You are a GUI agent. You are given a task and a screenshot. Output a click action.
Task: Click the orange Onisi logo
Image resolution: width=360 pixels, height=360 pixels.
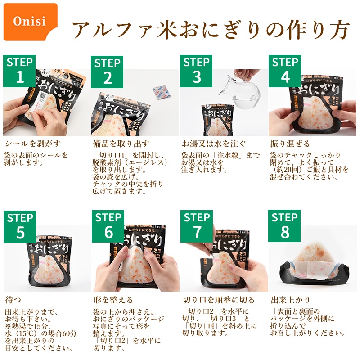click(31, 22)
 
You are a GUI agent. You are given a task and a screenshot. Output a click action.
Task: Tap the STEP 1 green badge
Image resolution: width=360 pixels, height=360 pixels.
click(19, 71)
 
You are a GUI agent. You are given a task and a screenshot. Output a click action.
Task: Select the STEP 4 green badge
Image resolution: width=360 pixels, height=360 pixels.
click(285, 71)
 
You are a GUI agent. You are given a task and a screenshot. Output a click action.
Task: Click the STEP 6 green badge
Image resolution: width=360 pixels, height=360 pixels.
click(108, 226)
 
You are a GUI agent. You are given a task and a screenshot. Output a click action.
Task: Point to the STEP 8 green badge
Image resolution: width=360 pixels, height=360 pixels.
click(284, 226)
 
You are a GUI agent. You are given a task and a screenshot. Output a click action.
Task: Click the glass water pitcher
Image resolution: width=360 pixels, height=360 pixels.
click(239, 87)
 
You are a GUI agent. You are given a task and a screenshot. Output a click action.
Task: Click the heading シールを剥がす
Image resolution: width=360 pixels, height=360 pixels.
click(33, 144)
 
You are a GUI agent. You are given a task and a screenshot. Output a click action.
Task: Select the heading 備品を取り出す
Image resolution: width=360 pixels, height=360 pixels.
click(121, 144)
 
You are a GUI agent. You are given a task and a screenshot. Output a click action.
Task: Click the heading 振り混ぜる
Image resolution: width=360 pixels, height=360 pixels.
click(290, 144)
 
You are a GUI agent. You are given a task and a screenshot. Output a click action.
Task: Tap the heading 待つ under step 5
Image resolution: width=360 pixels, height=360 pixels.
click(13, 300)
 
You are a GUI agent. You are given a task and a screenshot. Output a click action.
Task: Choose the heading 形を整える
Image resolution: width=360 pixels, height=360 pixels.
click(113, 300)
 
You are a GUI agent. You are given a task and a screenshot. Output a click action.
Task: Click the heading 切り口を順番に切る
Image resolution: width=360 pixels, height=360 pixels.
click(219, 300)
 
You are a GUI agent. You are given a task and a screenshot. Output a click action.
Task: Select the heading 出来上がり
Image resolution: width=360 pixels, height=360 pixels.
click(290, 300)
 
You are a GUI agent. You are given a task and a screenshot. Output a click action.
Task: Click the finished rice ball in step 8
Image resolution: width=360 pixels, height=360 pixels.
click(314, 262)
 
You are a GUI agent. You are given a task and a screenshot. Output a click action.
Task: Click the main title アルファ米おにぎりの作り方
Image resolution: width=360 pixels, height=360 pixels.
click(211, 29)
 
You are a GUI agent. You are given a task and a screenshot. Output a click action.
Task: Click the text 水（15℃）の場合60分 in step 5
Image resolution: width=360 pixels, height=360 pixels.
click(41, 333)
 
